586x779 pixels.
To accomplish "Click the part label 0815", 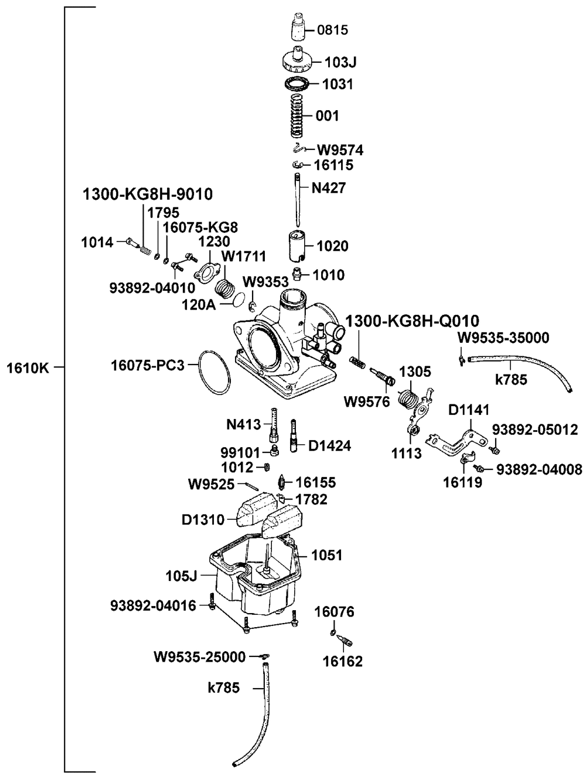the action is pyautogui.click(x=332, y=30).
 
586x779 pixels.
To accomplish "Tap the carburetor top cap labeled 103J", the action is pyautogui.click(x=297, y=60).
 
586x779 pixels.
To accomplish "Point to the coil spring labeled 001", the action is pyautogui.click(x=297, y=116).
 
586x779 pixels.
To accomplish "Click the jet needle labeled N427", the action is pyautogui.click(x=297, y=200).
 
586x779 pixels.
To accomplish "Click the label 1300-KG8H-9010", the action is pyautogui.click(x=148, y=194).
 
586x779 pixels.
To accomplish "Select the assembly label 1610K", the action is pyautogui.click(x=28, y=369).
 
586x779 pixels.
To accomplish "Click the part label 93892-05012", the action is pyautogui.click(x=535, y=430).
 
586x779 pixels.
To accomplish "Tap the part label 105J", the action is pyautogui.click(x=181, y=576).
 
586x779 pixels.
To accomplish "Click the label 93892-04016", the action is pyautogui.click(x=154, y=605).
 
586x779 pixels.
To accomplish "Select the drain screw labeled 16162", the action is pyautogui.click(x=344, y=640).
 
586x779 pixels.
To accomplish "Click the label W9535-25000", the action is pyautogui.click(x=199, y=657).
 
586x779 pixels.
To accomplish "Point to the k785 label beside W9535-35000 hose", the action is pyautogui.click(x=511, y=380).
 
